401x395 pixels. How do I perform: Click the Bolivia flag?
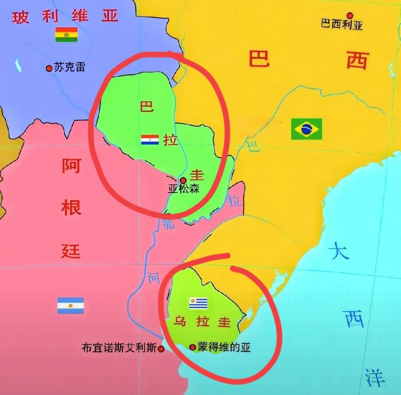pyautogui.click(x=66, y=34)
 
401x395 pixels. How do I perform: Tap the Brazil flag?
pyautogui.click(x=307, y=129)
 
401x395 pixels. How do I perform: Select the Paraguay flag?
pyautogui.click(x=150, y=140)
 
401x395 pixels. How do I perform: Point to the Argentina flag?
pyautogui.click(x=70, y=306)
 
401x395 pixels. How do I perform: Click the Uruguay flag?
pyautogui.click(x=198, y=303)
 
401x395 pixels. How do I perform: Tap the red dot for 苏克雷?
pyautogui.click(x=49, y=68)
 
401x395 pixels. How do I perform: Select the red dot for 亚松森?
pyautogui.click(x=183, y=180)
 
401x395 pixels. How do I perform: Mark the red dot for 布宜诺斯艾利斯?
pyautogui.click(x=161, y=348)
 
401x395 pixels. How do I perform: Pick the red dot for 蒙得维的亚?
pyautogui.click(x=193, y=347)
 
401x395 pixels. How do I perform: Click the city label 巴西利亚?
pyautogui.click(x=342, y=25)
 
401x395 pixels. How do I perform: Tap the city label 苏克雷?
pyautogui.click(x=70, y=68)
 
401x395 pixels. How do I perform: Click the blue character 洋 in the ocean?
pyautogui.click(x=375, y=377)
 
